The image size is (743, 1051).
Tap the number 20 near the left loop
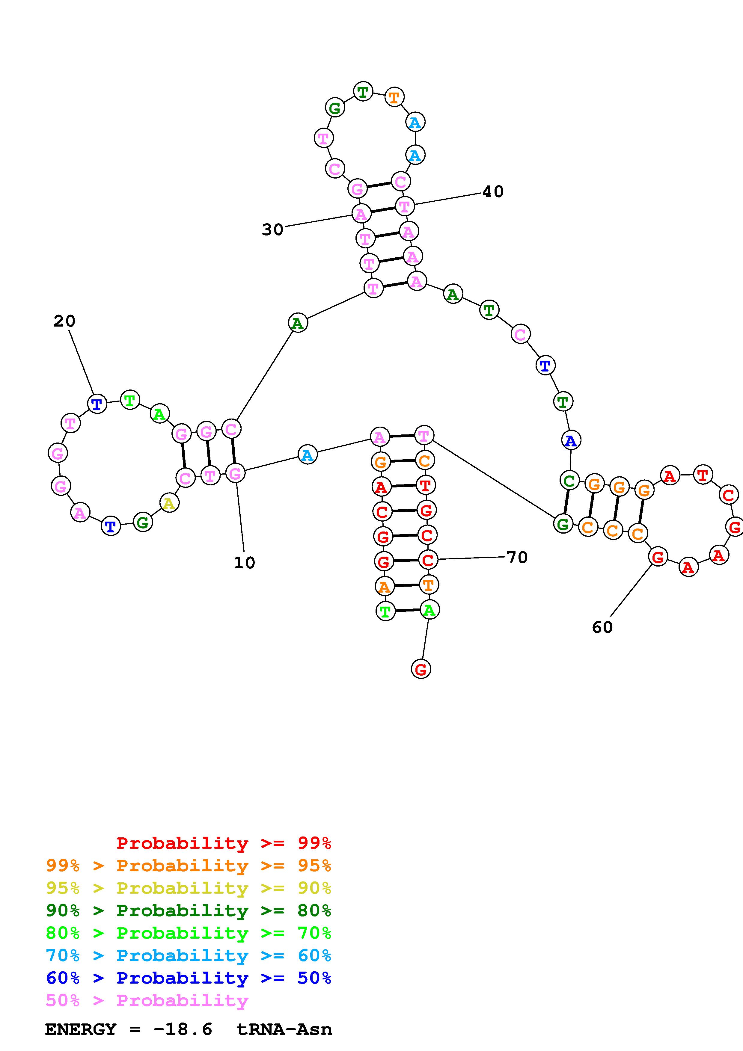(64, 321)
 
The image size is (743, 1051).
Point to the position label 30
(272, 229)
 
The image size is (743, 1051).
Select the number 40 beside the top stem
(493, 191)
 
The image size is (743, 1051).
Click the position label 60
(602, 627)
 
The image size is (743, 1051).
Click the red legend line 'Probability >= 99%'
(224, 843)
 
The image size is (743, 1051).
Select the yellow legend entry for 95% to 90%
(189, 888)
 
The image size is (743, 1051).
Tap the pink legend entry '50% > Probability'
(147, 1001)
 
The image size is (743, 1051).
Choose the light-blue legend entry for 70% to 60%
(189, 956)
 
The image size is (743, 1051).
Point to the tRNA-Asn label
(284, 1029)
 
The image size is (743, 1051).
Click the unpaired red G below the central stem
(421, 669)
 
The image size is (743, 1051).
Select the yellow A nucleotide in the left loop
(169, 504)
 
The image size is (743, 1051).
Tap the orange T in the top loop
(394, 97)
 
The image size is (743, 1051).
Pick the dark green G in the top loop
(335, 108)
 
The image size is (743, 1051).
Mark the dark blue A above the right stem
(571, 440)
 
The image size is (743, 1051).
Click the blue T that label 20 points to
(97, 404)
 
